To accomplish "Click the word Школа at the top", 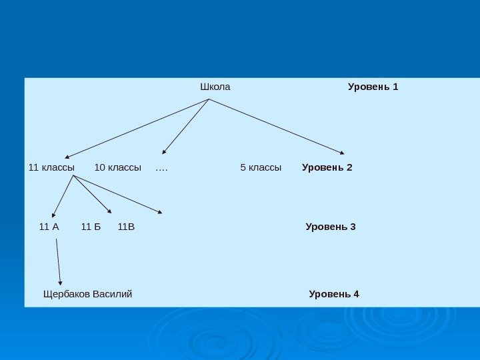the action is click(215, 87).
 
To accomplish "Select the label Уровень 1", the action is click(373, 87).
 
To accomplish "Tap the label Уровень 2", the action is click(327, 167).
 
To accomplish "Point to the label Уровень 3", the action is click(331, 227).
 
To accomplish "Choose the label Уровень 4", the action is click(334, 294).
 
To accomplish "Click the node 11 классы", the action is click(51, 167).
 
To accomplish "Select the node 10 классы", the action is click(118, 167).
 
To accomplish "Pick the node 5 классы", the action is click(261, 167).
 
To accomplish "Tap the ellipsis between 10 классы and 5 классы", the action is click(161, 168).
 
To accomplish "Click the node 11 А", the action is click(49, 227).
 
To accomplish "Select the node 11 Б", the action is click(91, 227).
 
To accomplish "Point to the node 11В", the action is click(126, 227).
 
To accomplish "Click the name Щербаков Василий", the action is click(87, 294).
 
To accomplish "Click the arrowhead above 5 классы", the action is click(342, 153).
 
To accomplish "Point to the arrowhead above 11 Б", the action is click(109, 212).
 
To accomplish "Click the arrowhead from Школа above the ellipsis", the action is click(164, 153).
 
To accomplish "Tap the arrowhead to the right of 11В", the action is click(159, 213).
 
